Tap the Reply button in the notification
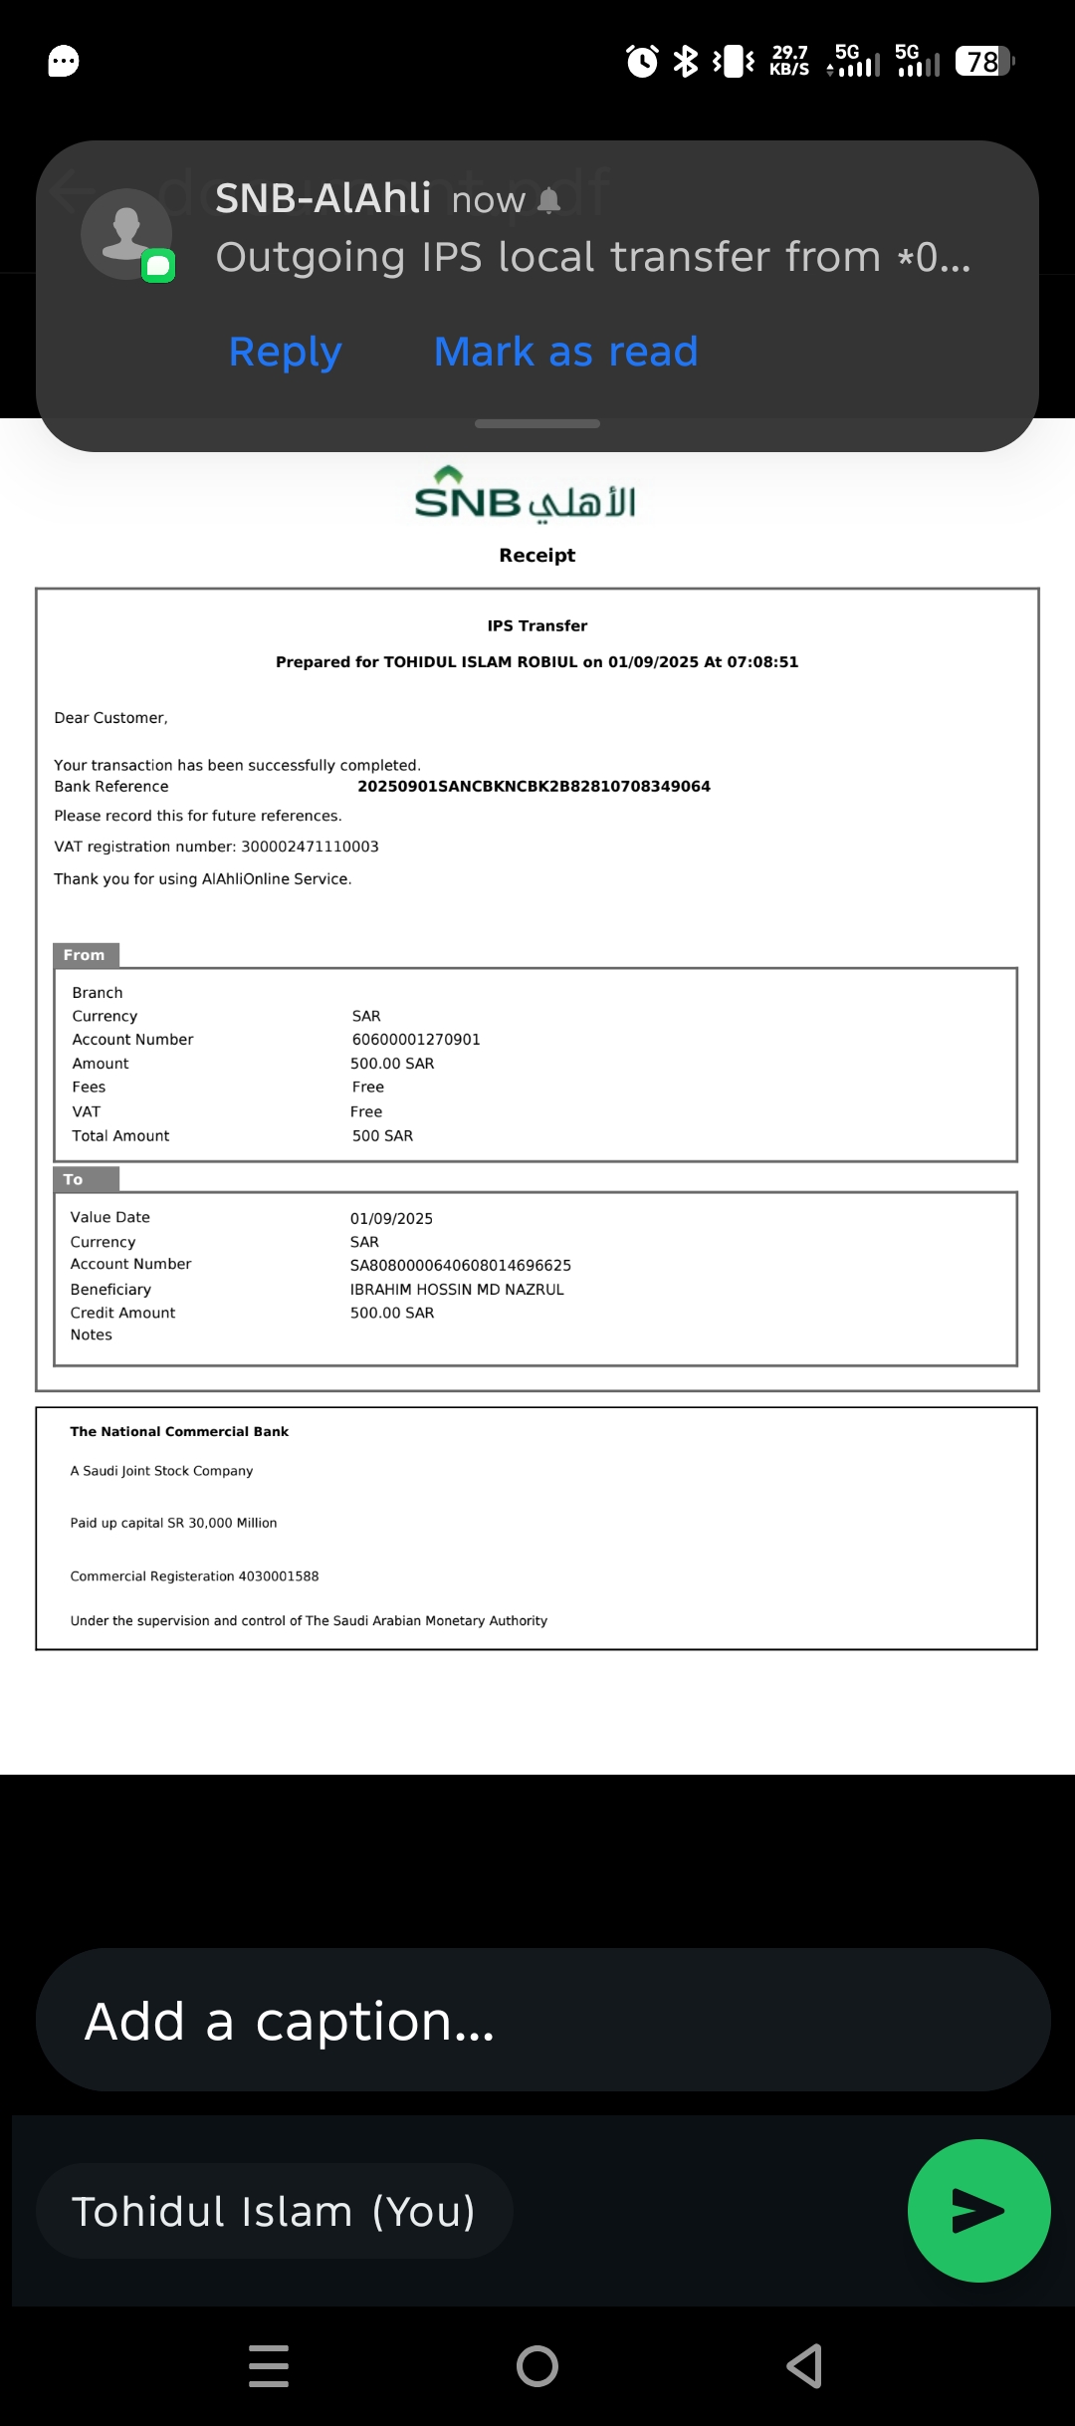tap(286, 353)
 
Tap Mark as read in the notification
tap(565, 353)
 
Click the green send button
tap(978, 2210)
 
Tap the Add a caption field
tap(542, 2021)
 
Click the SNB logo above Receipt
tap(525, 495)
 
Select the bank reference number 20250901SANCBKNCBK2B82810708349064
tap(534, 787)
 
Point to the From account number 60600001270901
tap(416, 1040)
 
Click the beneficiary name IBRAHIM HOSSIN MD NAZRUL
tap(457, 1290)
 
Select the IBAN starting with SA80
tap(460, 1266)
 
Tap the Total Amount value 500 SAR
tap(382, 1136)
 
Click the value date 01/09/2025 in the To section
tap(391, 1219)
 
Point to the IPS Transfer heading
tap(537, 626)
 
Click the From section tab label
tap(85, 955)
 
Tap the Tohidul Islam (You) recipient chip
tap(274, 2211)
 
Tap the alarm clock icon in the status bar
tap(642, 62)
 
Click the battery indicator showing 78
tap(983, 62)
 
